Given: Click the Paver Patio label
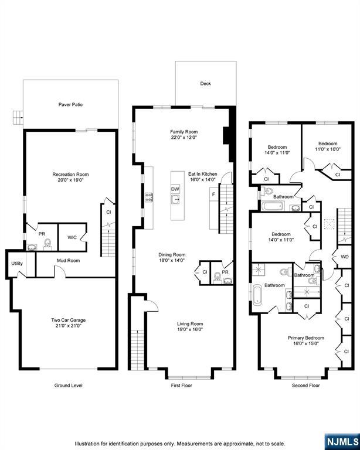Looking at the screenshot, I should click(x=70, y=105).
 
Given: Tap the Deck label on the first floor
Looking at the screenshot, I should click(x=205, y=84).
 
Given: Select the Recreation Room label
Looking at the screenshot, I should click(x=70, y=175).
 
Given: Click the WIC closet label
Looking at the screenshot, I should click(x=72, y=237).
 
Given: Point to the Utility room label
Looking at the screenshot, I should click(x=17, y=264).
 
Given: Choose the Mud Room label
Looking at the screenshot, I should click(x=68, y=260).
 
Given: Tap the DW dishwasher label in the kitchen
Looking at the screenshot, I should click(x=175, y=189).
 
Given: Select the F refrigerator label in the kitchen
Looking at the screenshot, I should click(x=213, y=194).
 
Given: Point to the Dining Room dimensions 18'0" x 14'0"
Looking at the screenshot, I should click(x=172, y=260).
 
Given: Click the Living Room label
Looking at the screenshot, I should click(x=191, y=323).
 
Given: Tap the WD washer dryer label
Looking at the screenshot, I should click(x=344, y=257).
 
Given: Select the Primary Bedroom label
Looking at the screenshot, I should click(x=305, y=337).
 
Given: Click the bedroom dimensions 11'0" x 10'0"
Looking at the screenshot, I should click(x=328, y=149).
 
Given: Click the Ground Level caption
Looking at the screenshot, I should click(x=68, y=386).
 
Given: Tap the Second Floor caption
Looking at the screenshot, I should click(x=305, y=386).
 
